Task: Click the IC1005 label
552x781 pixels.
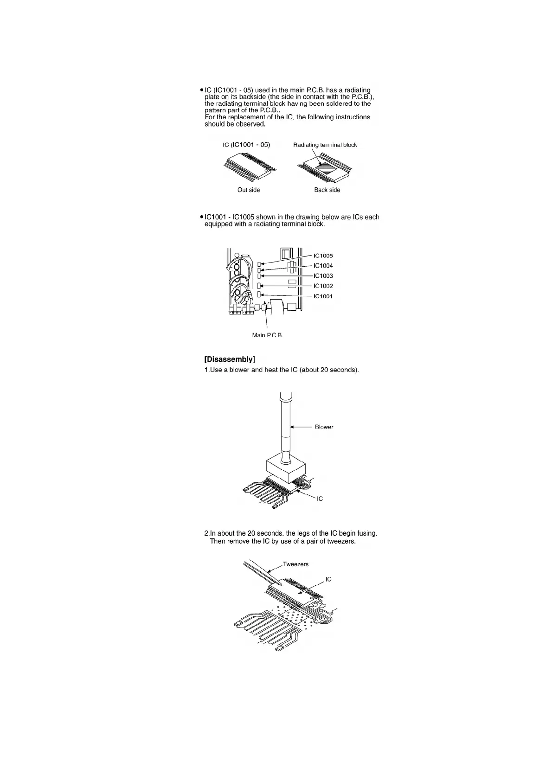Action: (x=323, y=256)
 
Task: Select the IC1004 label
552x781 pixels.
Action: (x=323, y=266)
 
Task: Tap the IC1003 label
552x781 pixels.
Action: (x=323, y=276)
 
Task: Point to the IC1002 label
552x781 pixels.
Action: (x=323, y=286)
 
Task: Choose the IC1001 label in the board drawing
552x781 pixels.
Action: (x=323, y=296)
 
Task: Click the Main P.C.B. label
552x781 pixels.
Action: (x=267, y=335)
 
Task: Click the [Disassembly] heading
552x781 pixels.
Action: (x=230, y=359)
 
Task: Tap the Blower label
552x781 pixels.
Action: (x=324, y=427)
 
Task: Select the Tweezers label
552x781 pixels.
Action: (x=295, y=564)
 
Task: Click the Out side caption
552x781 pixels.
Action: (x=249, y=190)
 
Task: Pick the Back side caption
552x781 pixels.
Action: (x=327, y=190)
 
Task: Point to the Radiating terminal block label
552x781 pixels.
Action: (x=325, y=145)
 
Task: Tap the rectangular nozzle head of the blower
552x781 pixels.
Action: (x=285, y=471)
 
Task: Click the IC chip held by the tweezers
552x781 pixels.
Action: (x=297, y=592)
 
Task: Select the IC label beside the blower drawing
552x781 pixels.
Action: (x=320, y=499)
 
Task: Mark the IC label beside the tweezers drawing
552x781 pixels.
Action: (x=328, y=579)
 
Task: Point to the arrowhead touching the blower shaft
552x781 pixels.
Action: (x=292, y=427)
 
